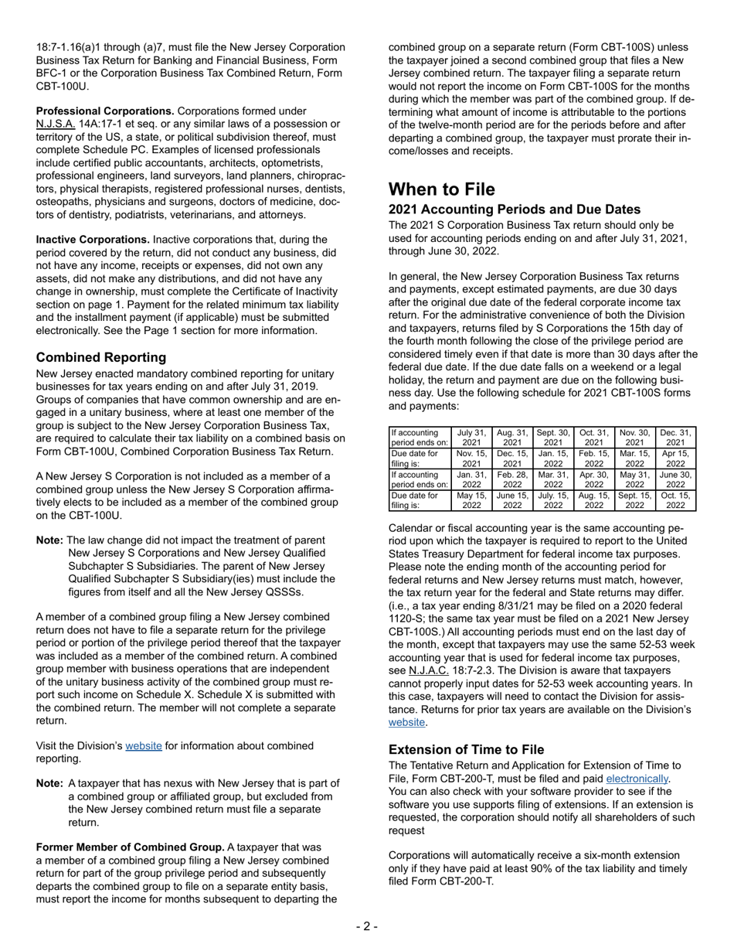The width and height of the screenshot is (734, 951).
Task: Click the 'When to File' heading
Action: pyautogui.click(x=441, y=189)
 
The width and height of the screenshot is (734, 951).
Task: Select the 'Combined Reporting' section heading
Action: pyautogui.click(x=101, y=357)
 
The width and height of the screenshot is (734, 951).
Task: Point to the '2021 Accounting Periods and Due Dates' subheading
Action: pyautogui.click(x=514, y=210)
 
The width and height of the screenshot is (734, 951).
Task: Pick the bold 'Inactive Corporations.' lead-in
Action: pyautogui.click(x=93, y=240)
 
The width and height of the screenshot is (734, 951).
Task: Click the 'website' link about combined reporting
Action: pyautogui.click(x=144, y=746)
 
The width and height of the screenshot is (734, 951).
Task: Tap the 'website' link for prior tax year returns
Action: pyautogui.click(x=406, y=722)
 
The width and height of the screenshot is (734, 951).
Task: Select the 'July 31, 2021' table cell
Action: pyautogui.click(x=471, y=438)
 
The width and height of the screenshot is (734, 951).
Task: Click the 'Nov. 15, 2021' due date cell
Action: pyautogui.click(x=471, y=458)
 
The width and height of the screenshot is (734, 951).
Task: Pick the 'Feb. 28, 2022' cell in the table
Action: pyautogui.click(x=512, y=479)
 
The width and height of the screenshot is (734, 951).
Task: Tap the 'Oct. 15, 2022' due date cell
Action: pyautogui.click(x=675, y=500)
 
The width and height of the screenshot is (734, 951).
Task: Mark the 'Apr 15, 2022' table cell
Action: pyautogui.click(x=675, y=458)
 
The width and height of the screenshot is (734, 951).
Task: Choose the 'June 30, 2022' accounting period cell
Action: pyautogui.click(x=675, y=479)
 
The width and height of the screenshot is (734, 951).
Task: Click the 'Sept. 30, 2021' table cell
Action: pyautogui.click(x=553, y=438)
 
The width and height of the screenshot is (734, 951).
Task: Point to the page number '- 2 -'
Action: pyautogui.click(x=367, y=927)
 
